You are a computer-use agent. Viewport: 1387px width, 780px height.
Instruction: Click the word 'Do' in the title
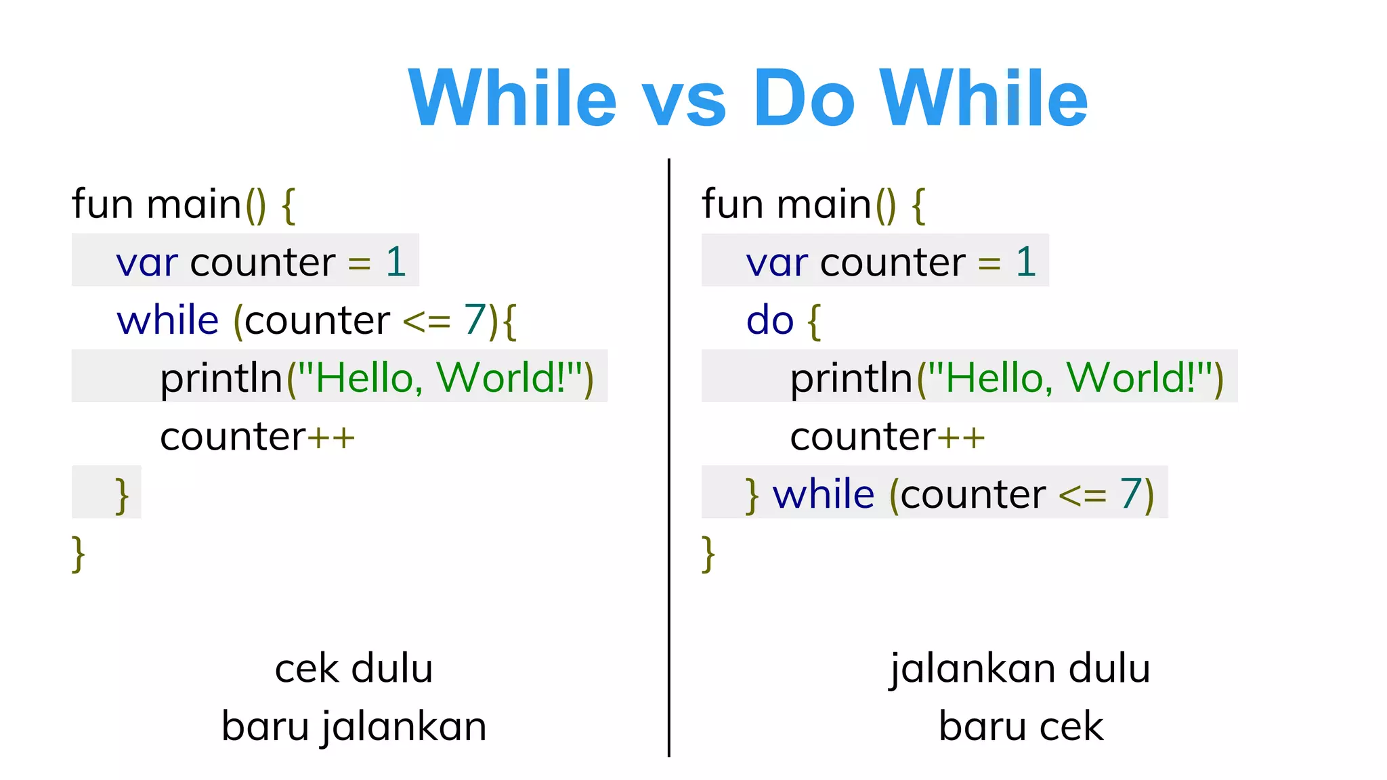coord(804,98)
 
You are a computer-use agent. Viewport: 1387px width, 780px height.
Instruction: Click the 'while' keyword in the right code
coord(824,494)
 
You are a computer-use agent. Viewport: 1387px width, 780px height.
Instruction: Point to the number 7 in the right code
coord(1131,494)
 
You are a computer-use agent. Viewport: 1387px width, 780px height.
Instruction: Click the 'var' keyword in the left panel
coord(147,262)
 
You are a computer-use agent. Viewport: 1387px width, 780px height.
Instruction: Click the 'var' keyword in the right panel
coord(777,262)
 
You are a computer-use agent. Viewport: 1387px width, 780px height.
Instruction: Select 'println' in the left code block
coord(221,378)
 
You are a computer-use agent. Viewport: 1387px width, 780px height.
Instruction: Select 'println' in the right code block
coord(851,378)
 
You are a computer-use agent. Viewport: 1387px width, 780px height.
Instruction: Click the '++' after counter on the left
coord(331,437)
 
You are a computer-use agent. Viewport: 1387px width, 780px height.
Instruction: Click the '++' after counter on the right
coord(961,437)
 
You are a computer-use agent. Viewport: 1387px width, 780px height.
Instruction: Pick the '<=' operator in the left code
coord(427,322)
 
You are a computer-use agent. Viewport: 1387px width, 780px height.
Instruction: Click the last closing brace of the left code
coord(79,553)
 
